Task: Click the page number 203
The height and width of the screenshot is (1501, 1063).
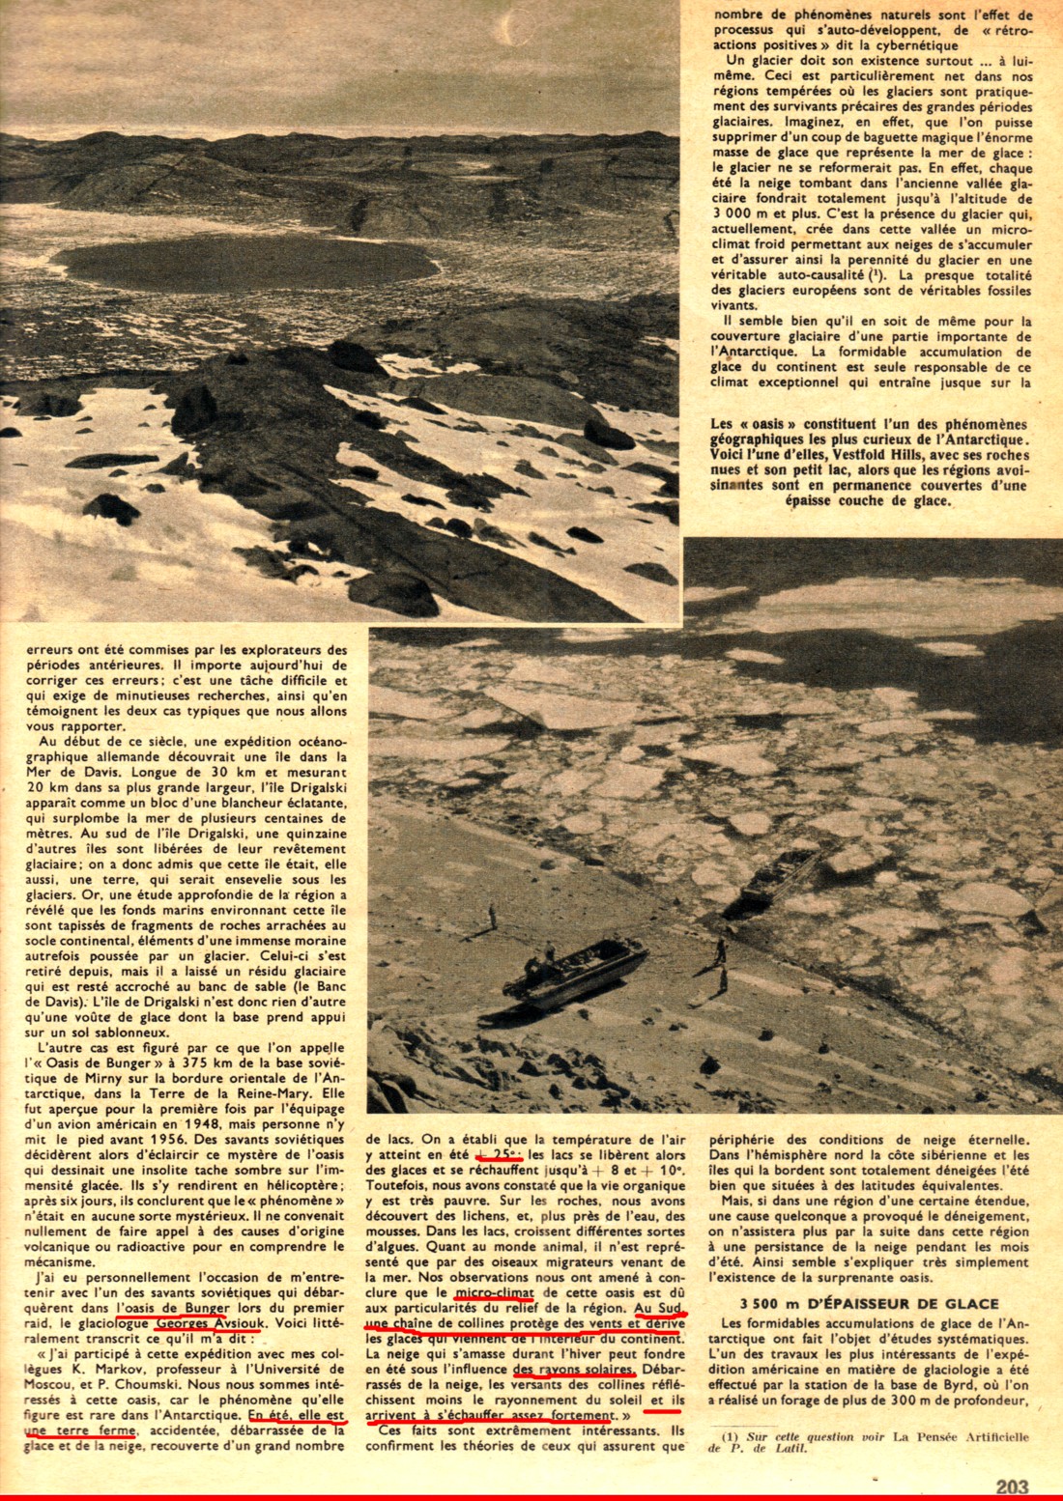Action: click(1012, 1487)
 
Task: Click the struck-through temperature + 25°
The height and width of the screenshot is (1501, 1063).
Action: click(499, 1155)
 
